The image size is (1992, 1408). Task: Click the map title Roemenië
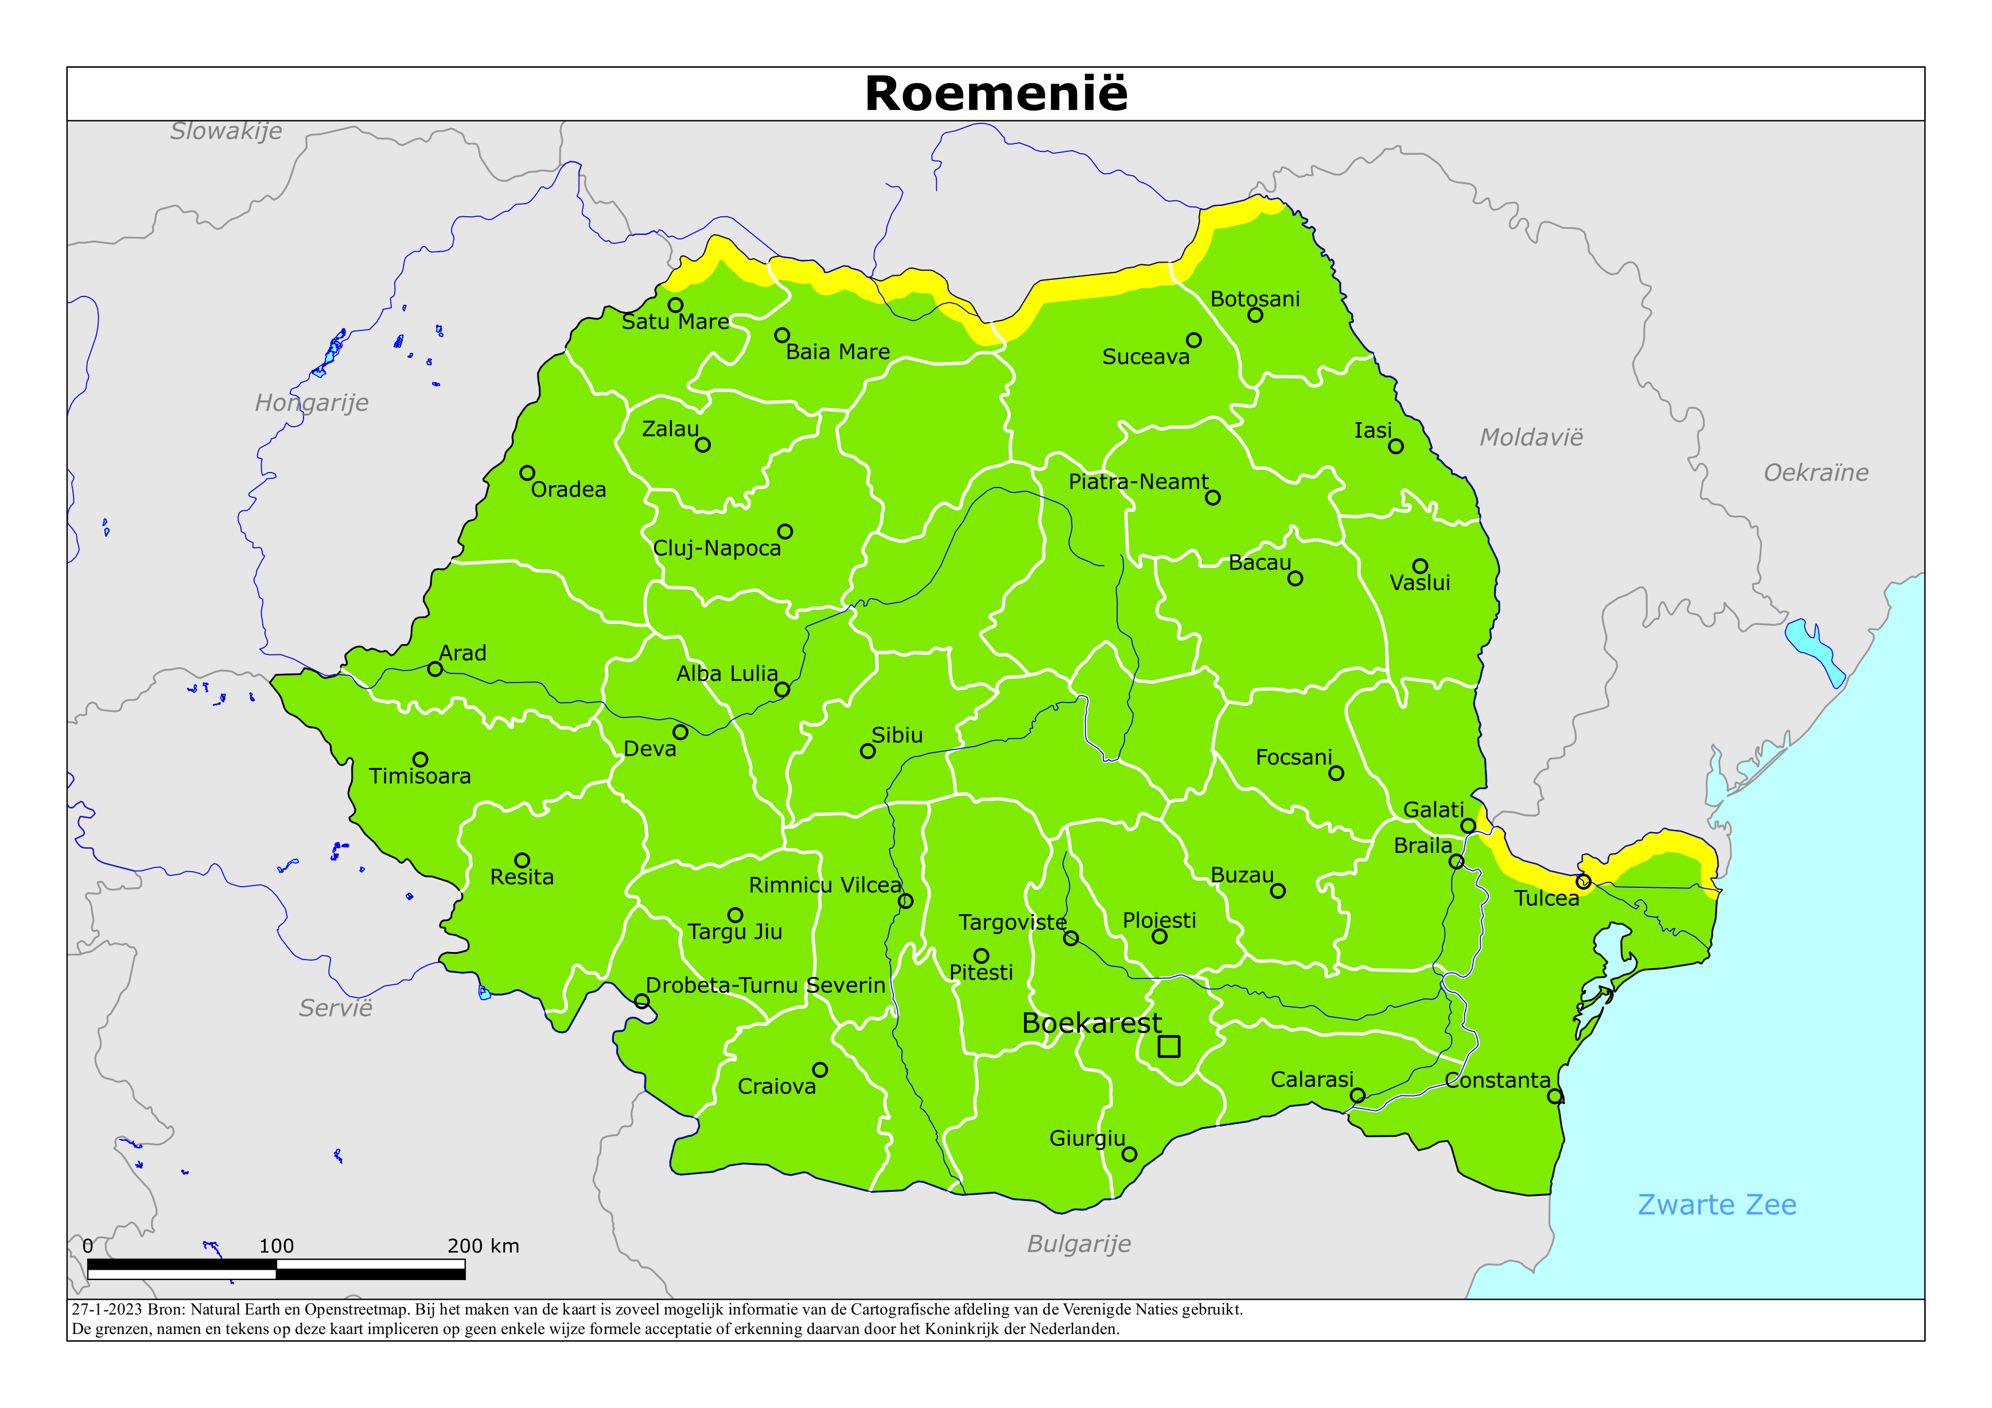[996, 93]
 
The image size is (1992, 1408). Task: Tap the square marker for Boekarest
[1169, 1046]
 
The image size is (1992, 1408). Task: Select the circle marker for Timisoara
[420, 759]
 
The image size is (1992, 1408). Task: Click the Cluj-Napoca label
[717, 548]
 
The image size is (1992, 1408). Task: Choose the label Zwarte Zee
[1716, 1205]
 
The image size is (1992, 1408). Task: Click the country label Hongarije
[312, 403]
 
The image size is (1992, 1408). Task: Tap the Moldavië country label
[1531, 437]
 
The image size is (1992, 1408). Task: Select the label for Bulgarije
[1079, 1244]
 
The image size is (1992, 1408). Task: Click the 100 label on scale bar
[276, 1246]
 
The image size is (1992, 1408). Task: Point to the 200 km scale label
[483, 1246]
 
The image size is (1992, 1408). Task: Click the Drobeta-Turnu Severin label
[765, 985]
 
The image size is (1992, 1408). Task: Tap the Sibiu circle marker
[867, 751]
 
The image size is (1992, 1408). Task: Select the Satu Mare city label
[675, 322]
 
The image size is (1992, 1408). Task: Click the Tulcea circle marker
[1584, 882]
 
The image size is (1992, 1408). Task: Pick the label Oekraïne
[1816, 473]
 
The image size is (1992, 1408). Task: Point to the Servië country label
[336, 1008]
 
